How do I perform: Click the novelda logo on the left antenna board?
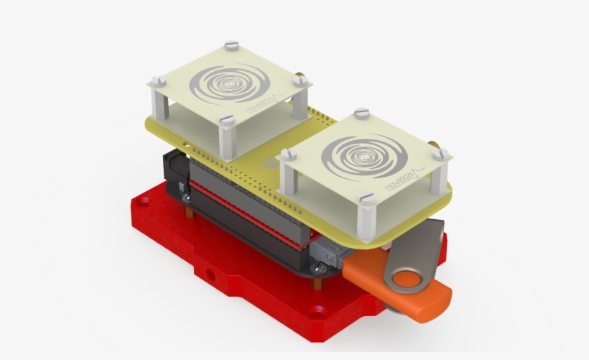[263, 102]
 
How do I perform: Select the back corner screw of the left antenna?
[230, 46]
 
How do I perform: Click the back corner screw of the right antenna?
[362, 114]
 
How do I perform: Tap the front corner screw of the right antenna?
[366, 198]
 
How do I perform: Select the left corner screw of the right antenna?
[289, 154]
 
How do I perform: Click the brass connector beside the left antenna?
[301, 75]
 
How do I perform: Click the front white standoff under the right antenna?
[366, 219]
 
